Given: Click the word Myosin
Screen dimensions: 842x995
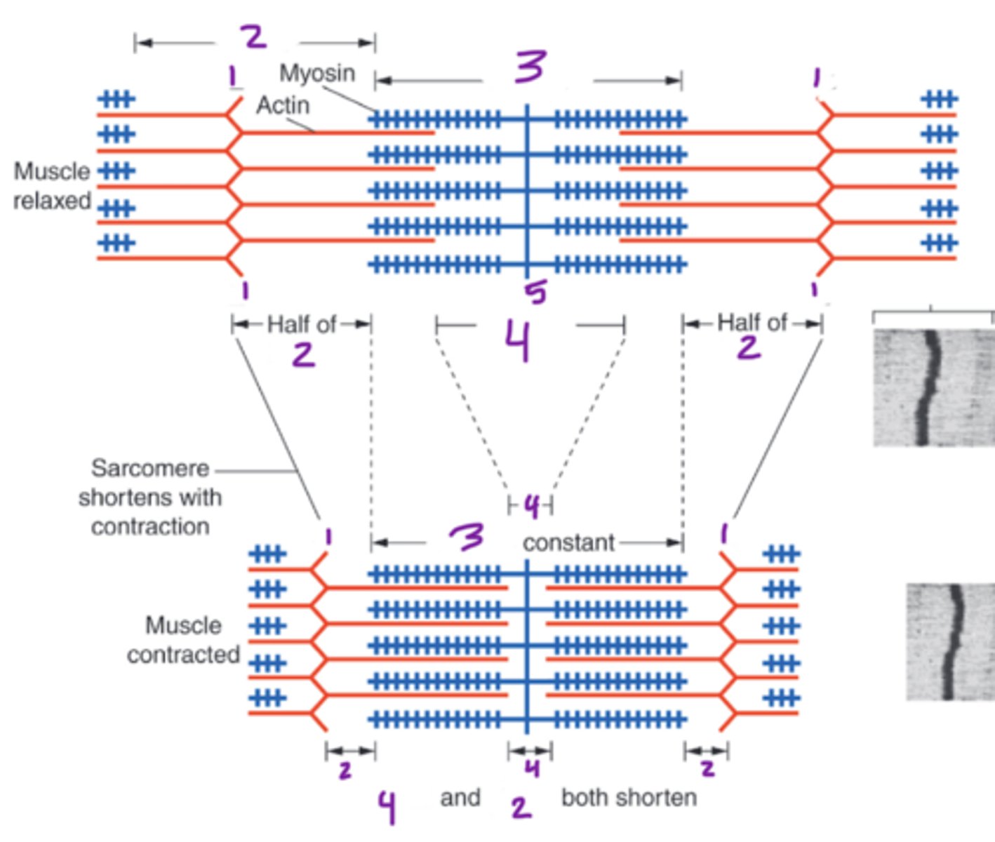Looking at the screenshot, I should click(317, 72).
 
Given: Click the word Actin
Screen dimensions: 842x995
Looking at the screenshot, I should click(283, 105).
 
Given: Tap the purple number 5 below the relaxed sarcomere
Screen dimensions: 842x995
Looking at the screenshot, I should click(537, 292).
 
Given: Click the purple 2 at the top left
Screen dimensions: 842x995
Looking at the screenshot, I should click(254, 36).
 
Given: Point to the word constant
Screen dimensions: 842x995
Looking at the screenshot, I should click(568, 542).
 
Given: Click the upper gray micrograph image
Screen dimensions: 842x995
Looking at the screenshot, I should click(933, 387).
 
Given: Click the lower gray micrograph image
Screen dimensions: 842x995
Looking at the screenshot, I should click(950, 641).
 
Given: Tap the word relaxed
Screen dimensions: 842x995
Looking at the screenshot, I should click(52, 201).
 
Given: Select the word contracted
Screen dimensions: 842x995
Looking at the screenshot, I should click(183, 655).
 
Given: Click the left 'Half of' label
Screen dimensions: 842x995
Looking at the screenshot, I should click(302, 324).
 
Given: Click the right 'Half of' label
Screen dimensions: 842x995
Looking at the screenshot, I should click(752, 323).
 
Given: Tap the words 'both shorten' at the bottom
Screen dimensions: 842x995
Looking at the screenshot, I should click(629, 798).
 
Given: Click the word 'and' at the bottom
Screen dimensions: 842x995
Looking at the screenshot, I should click(460, 798).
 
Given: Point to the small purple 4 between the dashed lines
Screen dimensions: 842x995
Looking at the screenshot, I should click(531, 506).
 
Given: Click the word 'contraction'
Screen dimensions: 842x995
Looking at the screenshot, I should click(150, 526).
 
